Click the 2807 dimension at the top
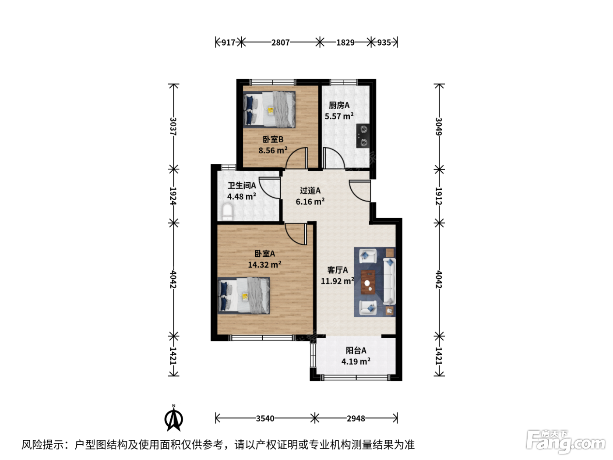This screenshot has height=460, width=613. tap(280, 42)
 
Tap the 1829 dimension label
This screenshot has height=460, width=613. tap(345, 42)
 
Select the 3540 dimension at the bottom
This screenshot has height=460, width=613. tap(265, 418)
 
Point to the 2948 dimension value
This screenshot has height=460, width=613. tap(356, 418)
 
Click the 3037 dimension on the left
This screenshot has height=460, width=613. tap(173, 127)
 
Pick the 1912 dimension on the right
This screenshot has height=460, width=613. tap(439, 196)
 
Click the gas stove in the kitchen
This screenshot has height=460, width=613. tap(363, 136)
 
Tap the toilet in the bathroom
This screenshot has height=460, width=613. tap(227, 212)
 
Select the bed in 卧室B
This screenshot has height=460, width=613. tap(269, 110)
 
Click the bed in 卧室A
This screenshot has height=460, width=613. tap(243, 295)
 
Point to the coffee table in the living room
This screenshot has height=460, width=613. tap(368, 282)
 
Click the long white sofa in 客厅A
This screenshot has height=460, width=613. tap(389, 281)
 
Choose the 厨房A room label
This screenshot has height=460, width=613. tap(339, 105)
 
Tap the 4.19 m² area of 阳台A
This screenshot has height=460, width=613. tap(356, 361)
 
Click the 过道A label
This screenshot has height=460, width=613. tap(310, 191)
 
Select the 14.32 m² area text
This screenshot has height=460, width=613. tap(264, 264)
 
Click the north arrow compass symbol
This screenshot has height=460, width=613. tap(173, 418)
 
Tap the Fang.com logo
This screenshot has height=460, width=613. tap(566, 441)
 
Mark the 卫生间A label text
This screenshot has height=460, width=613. tap(242, 185)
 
